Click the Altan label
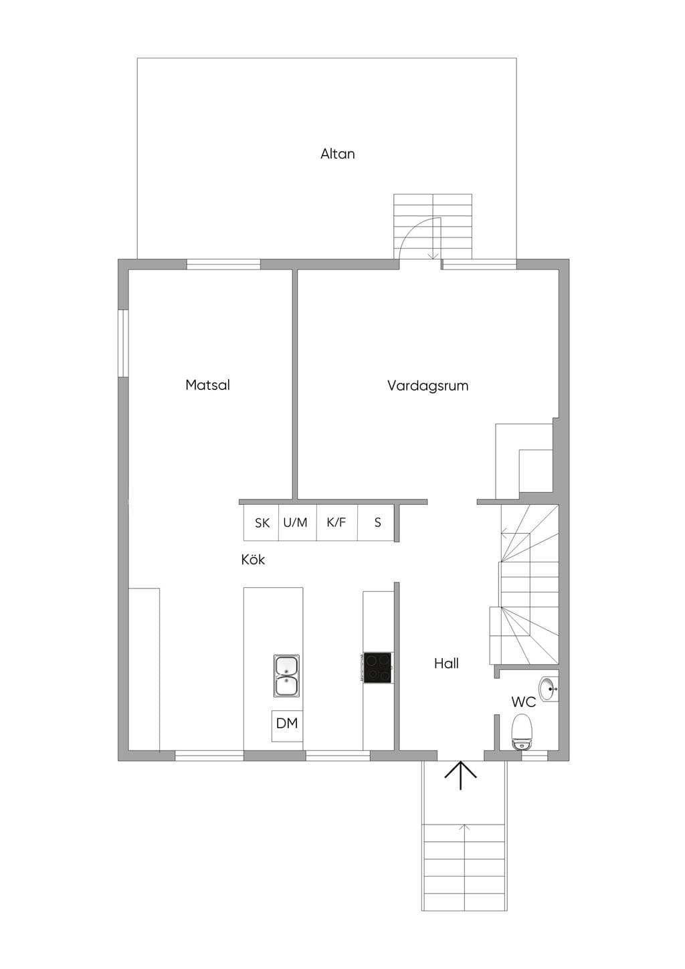tap(338, 154)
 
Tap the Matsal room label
tap(207, 385)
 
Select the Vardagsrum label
tap(428, 385)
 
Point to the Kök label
tap(253, 560)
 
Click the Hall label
tap(446, 663)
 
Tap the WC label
tap(524, 702)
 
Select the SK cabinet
tap(261, 522)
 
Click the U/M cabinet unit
tap(297, 522)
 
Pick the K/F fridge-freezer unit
tap(336, 522)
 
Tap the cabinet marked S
tap(375, 522)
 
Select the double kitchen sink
tap(286, 675)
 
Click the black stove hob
tap(378, 668)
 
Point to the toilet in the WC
tap(521, 732)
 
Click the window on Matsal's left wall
tap(124, 343)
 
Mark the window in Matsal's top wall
tap(223, 264)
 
